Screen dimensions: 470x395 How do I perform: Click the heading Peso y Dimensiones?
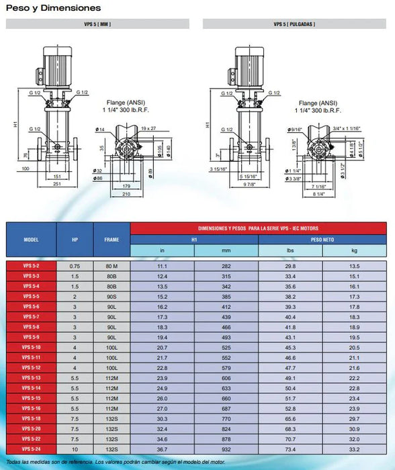53,8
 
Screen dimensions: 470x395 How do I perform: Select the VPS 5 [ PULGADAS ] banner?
294,24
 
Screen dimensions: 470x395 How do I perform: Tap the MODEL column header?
31,239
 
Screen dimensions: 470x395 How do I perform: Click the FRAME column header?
112,239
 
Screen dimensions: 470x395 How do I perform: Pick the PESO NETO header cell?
323,239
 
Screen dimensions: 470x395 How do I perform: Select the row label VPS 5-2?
31,267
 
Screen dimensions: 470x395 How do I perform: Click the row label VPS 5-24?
31,449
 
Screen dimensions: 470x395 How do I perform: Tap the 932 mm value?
226,449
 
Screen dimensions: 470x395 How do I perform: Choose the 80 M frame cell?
112,267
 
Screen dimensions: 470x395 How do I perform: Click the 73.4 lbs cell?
291,449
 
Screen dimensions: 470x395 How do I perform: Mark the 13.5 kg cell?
355,267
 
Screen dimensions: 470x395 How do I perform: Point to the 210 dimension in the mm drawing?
127,195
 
